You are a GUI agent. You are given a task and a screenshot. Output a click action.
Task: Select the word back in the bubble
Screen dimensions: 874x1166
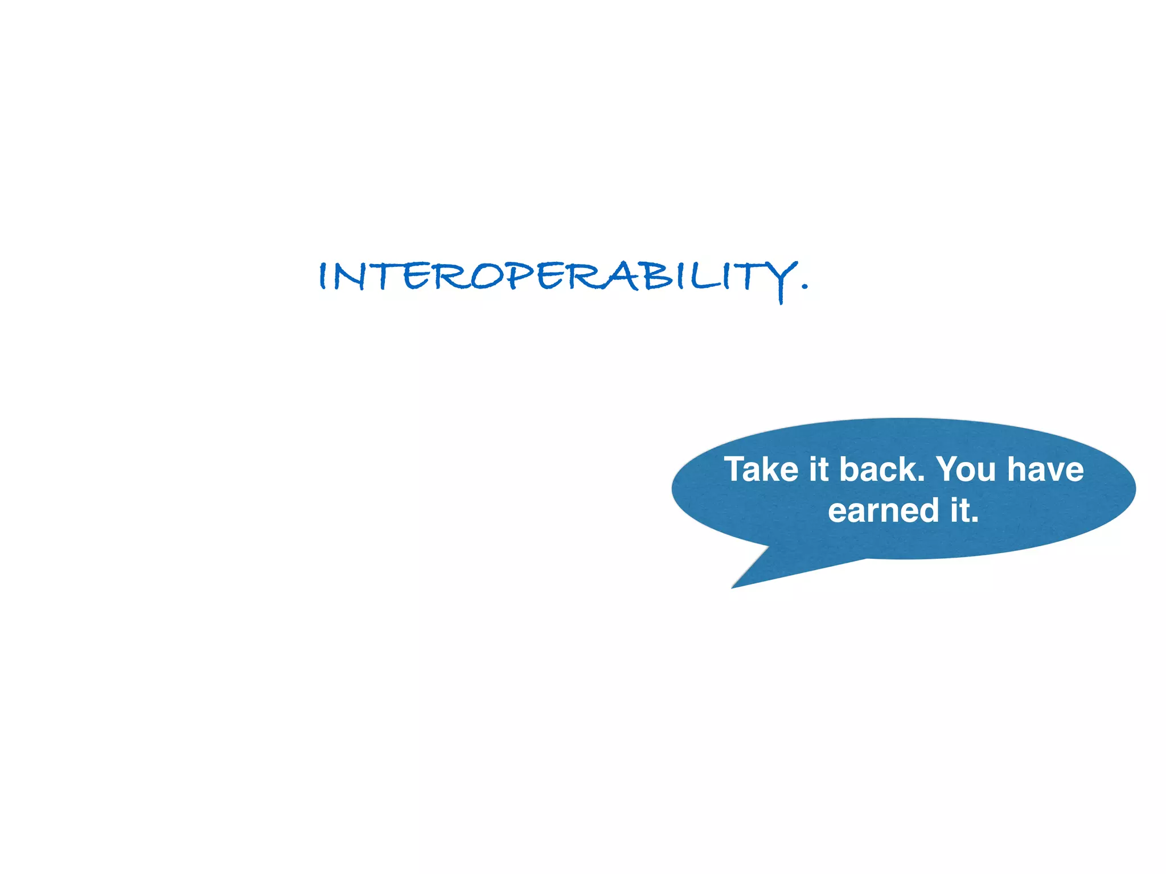tap(877, 469)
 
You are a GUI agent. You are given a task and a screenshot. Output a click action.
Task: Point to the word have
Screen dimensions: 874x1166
tap(1045, 469)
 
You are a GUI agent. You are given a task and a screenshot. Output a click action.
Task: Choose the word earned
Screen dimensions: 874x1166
tap(883, 510)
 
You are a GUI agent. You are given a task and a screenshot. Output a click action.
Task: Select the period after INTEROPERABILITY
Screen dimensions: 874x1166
tap(804, 287)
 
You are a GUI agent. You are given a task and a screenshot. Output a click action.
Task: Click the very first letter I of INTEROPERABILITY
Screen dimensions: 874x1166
tap(323, 277)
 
